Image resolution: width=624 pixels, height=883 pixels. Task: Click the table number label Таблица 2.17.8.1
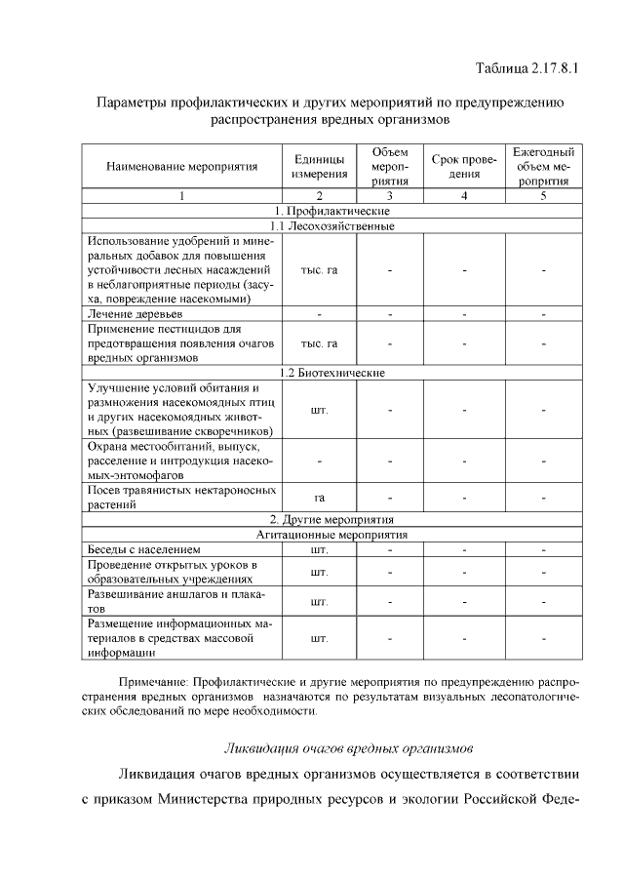pyautogui.click(x=526, y=68)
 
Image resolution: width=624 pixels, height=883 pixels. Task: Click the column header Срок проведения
pyautogui.click(x=464, y=166)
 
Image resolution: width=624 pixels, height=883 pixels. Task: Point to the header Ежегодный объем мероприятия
pyautogui.click(x=543, y=166)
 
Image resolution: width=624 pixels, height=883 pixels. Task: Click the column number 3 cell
pyautogui.click(x=389, y=196)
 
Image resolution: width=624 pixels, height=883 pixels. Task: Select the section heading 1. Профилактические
pyautogui.click(x=331, y=211)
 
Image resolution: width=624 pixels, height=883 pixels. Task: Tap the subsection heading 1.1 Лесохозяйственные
pyautogui.click(x=331, y=225)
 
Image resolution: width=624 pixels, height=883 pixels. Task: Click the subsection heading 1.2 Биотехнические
pyautogui.click(x=331, y=373)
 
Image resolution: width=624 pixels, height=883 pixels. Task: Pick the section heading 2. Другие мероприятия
pyautogui.click(x=331, y=519)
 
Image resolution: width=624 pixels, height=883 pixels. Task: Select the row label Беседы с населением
pyautogui.click(x=142, y=549)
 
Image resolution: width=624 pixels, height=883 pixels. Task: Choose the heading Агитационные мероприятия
pyautogui.click(x=331, y=535)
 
